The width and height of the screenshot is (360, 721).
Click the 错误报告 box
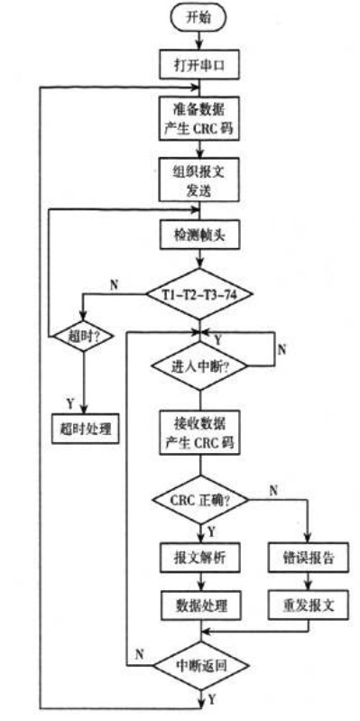tap(309, 558)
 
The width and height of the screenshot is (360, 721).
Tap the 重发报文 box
tap(309, 605)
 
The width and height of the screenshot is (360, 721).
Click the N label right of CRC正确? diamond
tap(272, 488)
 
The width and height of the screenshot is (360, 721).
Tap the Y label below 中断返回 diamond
tap(214, 698)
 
